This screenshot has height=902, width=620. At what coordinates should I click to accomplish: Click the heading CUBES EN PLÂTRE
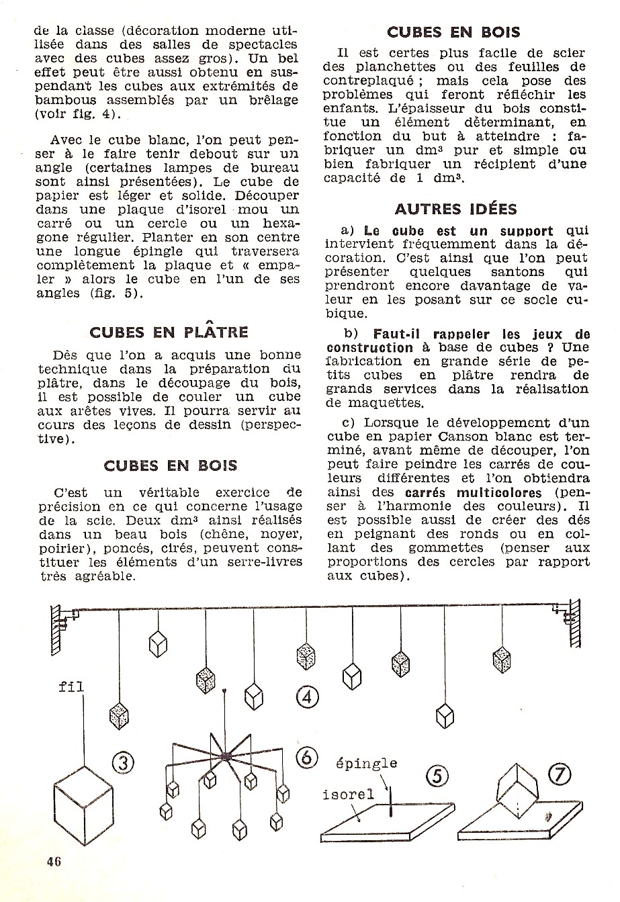pos(169,332)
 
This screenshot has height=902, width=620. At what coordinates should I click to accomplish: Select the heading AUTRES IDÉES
pos(455,209)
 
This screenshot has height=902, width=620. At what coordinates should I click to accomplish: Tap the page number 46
pos(54,862)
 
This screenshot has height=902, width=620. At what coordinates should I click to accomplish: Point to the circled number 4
pos(307,696)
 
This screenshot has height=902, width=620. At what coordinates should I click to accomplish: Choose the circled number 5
pos(437,777)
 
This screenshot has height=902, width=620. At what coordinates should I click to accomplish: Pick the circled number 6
pos(306,757)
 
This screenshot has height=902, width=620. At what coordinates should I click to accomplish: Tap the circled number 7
pos(560,775)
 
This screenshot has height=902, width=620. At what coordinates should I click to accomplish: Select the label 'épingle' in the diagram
pos(366,764)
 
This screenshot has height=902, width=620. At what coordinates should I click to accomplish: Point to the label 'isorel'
pos(348,795)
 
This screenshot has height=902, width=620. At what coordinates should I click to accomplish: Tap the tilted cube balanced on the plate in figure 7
pos(518,788)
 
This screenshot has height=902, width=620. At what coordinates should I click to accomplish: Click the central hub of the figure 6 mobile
pos(226,756)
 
